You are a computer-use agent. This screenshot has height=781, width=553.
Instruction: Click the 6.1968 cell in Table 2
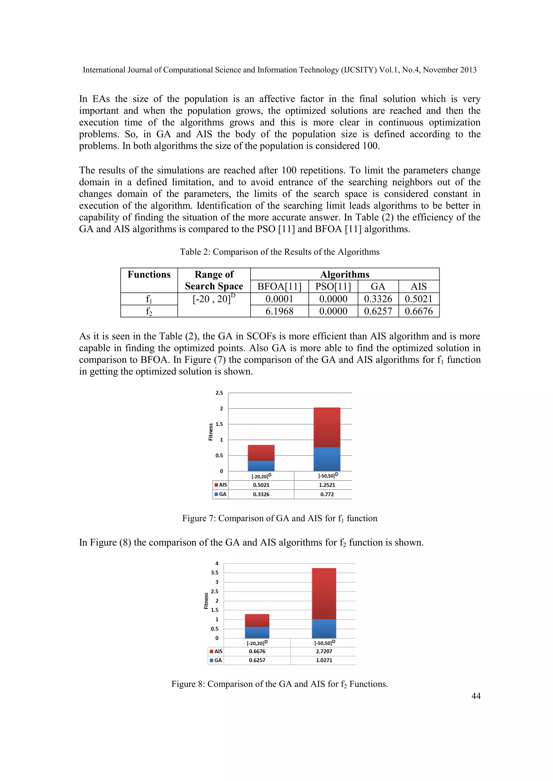[x=279, y=311]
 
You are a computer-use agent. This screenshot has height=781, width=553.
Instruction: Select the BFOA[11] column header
[x=279, y=286]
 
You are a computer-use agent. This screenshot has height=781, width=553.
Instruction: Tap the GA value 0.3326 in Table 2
[x=378, y=299]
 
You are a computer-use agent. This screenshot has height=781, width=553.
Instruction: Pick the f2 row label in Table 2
[x=149, y=311]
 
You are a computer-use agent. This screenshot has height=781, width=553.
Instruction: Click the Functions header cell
[x=149, y=275]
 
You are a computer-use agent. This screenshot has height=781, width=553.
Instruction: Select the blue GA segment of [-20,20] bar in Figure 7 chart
[x=261, y=466]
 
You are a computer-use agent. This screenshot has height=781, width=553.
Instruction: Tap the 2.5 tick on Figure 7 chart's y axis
[x=219, y=393]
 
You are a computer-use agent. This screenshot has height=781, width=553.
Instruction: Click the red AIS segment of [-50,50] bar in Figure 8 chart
[x=324, y=594]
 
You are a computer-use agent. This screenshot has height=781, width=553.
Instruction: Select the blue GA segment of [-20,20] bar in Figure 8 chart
[x=257, y=632]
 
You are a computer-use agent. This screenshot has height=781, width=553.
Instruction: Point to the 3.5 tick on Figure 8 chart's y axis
[x=214, y=573]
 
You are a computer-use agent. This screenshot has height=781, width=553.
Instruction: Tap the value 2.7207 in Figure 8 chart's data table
[x=324, y=651]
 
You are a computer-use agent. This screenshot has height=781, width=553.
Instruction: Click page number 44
[x=476, y=696]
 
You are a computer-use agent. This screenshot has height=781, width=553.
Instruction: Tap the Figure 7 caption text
[x=279, y=518]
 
